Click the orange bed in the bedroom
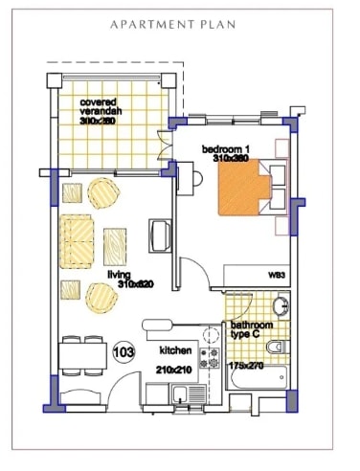point(246,191)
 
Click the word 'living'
point(119,274)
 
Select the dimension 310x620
point(136,284)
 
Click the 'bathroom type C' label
point(253,329)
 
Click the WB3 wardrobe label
point(277,275)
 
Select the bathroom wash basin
point(280,307)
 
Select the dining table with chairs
point(81,357)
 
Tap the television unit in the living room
point(159,236)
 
